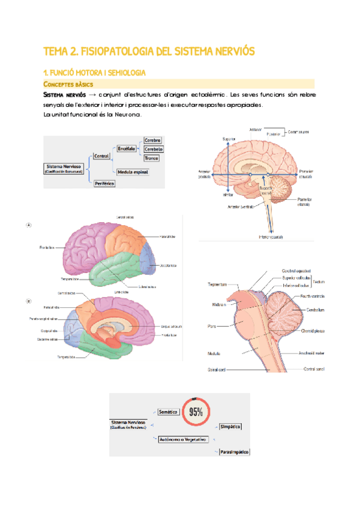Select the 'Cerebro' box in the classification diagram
coord(152,140)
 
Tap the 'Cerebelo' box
coord(153,149)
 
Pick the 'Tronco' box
coord(151,158)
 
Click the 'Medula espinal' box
coord(133,172)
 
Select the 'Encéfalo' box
coord(126,148)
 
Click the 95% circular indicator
coord(196,412)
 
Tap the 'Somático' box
coord(167,412)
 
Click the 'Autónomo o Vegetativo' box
coord(182,439)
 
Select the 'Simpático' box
coord(230,426)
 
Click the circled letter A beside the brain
coord(28,224)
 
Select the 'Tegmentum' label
coord(217,285)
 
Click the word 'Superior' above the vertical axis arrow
coord(228,139)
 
